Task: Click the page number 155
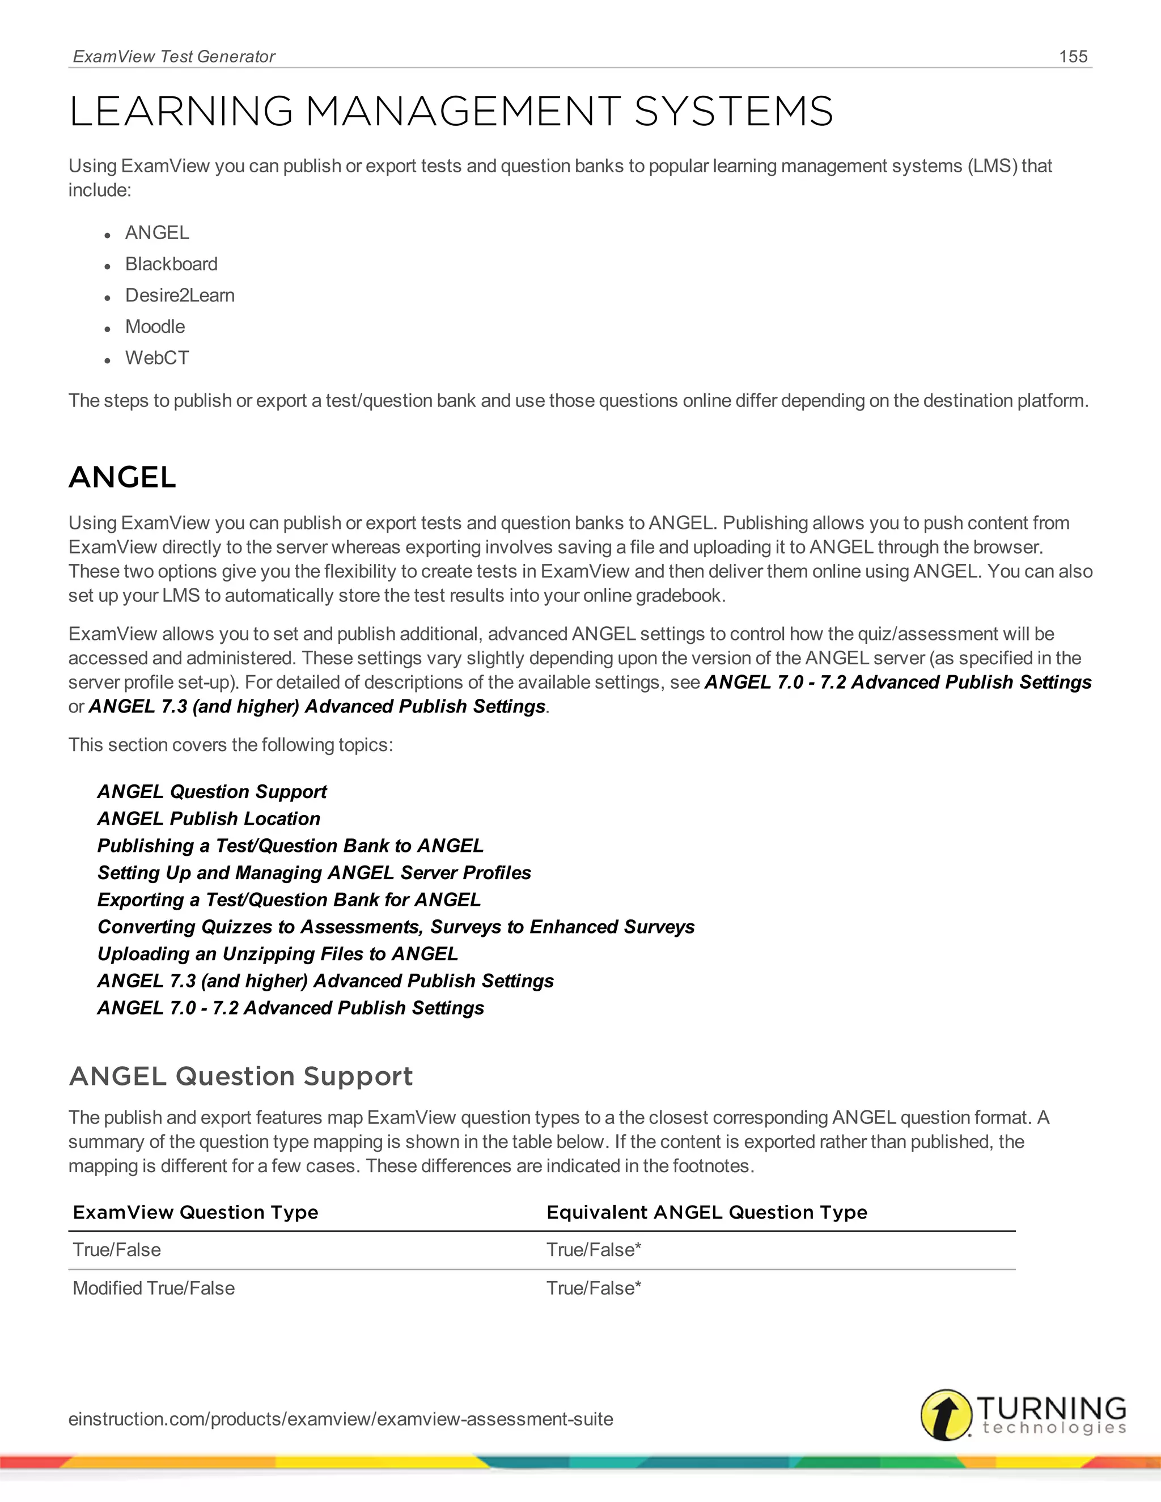pyautogui.click(x=1073, y=56)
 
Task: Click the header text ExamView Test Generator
pyautogui.click(x=174, y=56)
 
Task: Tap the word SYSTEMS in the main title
pyautogui.click(x=733, y=112)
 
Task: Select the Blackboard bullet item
pyautogui.click(x=171, y=264)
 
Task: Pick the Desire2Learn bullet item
pyautogui.click(x=180, y=295)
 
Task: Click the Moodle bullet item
pyautogui.click(x=155, y=326)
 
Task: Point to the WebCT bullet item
pyautogui.click(x=157, y=358)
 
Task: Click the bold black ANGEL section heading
pyautogui.click(x=122, y=477)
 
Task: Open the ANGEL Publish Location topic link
pyautogui.click(x=209, y=818)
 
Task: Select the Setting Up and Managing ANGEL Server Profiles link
pyautogui.click(x=313, y=873)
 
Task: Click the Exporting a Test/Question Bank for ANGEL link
pyautogui.click(x=289, y=899)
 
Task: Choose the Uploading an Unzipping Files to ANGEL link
pyautogui.click(x=277, y=954)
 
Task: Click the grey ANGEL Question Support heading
pyautogui.click(x=241, y=1076)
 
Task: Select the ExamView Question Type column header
pyautogui.click(x=196, y=1212)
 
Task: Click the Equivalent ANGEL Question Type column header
pyautogui.click(x=706, y=1212)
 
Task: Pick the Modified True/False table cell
pyautogui.click(x=154, y=1288)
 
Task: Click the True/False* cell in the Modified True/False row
pyautogui.click(x=593, y=1288)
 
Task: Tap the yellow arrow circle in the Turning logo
pyautogui.click(x=946, y=1415)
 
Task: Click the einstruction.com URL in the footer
pyautogui.click(x=341, y=1419)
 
